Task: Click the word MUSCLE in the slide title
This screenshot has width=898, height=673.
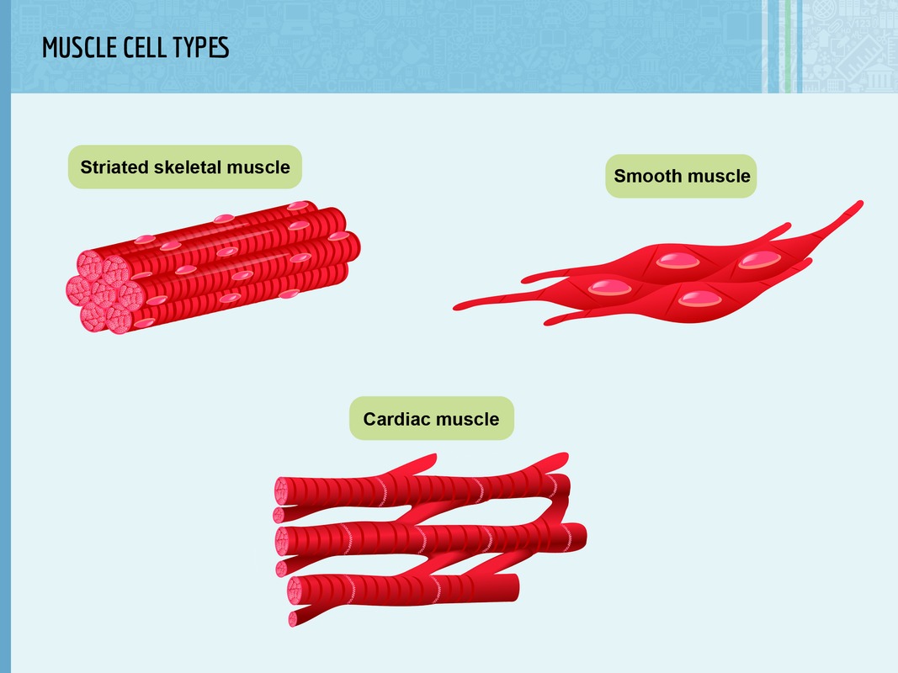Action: pos(75,47)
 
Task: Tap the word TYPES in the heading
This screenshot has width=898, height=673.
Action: pos(196,47)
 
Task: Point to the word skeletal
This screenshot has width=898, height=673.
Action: pos(188,167)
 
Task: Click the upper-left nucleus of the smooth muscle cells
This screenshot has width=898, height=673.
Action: pos(678,261)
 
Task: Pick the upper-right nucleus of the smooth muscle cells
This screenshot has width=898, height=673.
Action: pos(759,260)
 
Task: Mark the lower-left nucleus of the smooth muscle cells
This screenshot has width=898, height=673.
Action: pos(609,287)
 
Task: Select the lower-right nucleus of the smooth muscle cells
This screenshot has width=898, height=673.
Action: pos(700,299)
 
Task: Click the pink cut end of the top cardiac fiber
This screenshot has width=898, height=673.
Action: pos(281,491)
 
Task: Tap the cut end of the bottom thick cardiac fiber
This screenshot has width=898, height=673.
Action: pos(295,591)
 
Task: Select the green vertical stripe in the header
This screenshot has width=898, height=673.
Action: pos(788,46)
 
